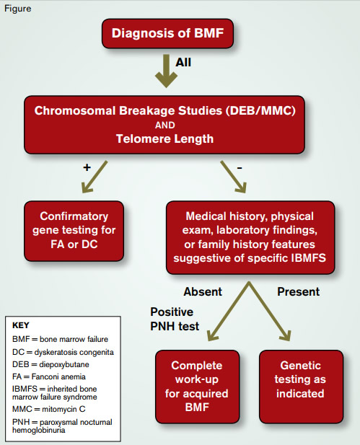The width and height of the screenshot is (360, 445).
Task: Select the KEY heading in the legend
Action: tap(21, 325)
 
